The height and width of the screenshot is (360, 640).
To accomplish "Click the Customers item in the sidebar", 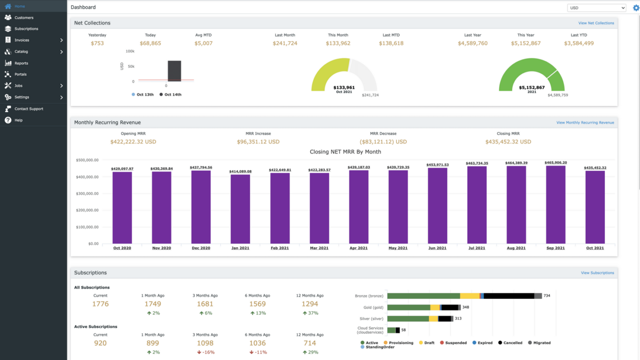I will pyautogui.click(x=24, y=18).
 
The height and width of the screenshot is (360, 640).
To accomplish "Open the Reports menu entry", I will pyautogui.click(x=21, y=63).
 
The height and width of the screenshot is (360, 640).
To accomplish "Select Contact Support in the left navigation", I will pyautogui.click(x=29, y=109).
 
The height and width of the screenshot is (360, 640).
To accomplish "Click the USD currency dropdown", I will pyautogui.click(x=596, y=8).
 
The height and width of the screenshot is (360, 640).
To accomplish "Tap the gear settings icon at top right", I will pyautogui.click(x=636, y=8).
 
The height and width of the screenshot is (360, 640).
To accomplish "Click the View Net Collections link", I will pyautogui.click(x=596, y=23).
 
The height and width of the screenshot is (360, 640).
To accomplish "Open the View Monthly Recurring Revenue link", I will pyautogui.click(x=585, y=123).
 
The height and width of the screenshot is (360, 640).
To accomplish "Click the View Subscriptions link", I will pyautogui.click(x=597, y=273).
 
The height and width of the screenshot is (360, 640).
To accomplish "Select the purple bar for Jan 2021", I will pyautogui.click(x=240, y=209).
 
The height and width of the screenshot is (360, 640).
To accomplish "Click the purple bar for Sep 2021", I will pyautogui.click(x=556, y=205).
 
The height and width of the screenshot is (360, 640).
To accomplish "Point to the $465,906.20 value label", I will pyautogui.click(x=556, y=163).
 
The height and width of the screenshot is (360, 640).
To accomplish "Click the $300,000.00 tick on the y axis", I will pyautogui.click(x=87, y=194).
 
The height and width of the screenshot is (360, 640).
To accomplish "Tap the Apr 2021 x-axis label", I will pyautogui.click(x=358, y=248).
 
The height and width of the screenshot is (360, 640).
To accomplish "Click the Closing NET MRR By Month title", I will pyautogui.click(x=345, y=152).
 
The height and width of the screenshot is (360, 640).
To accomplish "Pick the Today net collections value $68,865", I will pyautogui.click(x=150, y=43).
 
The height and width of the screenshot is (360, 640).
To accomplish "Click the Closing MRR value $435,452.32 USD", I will pyautogui.click(x=508, y=142).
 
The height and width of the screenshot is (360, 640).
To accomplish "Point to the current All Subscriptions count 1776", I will pyautogui.click(x=100, y=304).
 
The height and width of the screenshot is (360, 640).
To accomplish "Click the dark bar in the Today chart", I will pyautogui.click(x=174, y=70).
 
